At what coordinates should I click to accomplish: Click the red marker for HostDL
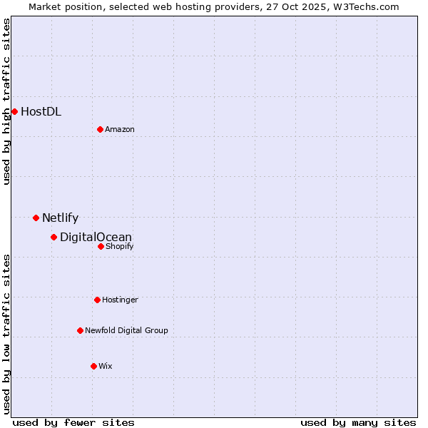[14, 111]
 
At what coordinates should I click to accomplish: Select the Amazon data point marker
[100, 129]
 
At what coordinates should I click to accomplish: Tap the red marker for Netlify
[36, 218]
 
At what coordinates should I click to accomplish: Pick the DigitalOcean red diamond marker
[53, 237]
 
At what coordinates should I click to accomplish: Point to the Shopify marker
[101, 246]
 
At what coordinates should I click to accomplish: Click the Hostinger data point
[97, 300]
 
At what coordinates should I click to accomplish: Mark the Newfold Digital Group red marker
[80, 330]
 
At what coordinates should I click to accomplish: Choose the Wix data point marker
[93, 366]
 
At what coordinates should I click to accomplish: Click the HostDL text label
[41, 111]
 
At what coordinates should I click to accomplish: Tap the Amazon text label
[120, 129]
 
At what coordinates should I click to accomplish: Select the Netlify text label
[60, 218]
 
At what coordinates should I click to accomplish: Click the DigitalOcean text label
[96, 238]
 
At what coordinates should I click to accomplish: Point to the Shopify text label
[119, 246]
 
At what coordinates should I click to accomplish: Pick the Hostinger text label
[120, 300]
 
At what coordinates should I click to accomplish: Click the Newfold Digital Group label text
[126, 330]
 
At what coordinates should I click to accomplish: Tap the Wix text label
[106, 366]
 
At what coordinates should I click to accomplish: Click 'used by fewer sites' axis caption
[73, 422]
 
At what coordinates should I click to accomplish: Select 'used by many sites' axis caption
[358, 422]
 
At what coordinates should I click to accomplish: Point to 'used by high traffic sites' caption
[6, 101]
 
